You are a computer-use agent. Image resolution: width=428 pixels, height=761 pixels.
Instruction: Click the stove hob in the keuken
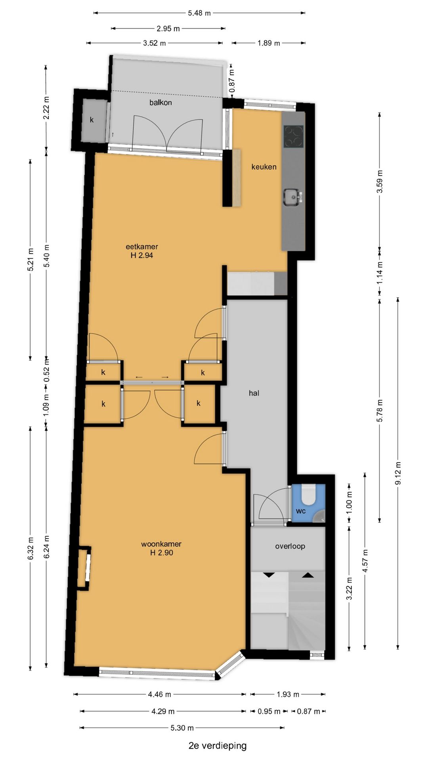tap(293, 136)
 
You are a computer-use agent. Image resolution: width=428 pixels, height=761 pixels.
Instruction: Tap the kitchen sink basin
tap(292, 197)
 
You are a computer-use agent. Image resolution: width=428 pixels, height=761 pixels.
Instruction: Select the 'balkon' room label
tap(160, 102)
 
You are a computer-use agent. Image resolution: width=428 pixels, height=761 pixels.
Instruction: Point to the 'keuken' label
tap(264, 167)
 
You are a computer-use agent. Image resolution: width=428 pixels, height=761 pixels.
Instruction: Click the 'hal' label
tap(254, 393)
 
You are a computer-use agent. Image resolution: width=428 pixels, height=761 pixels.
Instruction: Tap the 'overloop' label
tap(290, 546)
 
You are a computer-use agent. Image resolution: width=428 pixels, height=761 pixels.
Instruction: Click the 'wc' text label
tap(301, 511)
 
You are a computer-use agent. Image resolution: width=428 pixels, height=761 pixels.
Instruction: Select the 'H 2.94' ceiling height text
tap(142, 256)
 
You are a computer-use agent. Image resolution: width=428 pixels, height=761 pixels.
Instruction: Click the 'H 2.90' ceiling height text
tap(162, 553)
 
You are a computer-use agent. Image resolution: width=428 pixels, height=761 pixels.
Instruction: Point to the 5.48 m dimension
tap(199, 13)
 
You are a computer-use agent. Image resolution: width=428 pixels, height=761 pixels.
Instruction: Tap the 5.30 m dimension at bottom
tap(182, 728)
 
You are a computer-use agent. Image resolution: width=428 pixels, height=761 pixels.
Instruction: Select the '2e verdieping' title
tap(218, 746)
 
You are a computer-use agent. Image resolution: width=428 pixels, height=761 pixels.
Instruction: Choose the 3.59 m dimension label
tap(379, 181)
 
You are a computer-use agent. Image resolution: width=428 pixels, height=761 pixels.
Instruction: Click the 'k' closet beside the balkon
tap(92, 120)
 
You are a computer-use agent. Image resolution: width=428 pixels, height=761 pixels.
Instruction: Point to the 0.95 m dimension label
tap(269, 711)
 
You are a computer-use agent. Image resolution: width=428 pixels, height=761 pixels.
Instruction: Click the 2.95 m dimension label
tap(168, 29)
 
